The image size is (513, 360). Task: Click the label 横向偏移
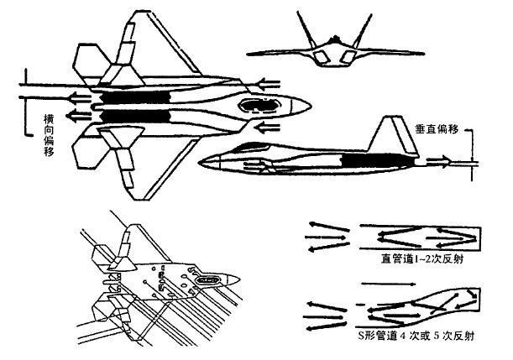49,135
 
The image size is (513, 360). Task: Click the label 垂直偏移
437,129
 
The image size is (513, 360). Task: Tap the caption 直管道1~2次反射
422,259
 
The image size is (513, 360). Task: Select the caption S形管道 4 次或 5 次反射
416,336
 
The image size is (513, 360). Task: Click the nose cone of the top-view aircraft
301,105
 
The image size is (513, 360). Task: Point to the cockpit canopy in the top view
260,105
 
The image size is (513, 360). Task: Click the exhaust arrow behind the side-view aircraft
438,160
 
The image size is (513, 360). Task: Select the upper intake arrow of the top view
269,84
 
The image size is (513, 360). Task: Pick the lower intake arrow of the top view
268,127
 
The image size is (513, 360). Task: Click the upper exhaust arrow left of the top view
80,97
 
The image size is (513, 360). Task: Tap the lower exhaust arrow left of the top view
79,114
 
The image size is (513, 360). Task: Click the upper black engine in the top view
135,97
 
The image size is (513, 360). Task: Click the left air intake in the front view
321,58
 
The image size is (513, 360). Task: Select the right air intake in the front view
348,57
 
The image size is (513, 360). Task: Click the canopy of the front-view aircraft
334,39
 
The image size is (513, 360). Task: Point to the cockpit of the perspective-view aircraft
207,280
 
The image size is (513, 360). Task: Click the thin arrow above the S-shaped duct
388,284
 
